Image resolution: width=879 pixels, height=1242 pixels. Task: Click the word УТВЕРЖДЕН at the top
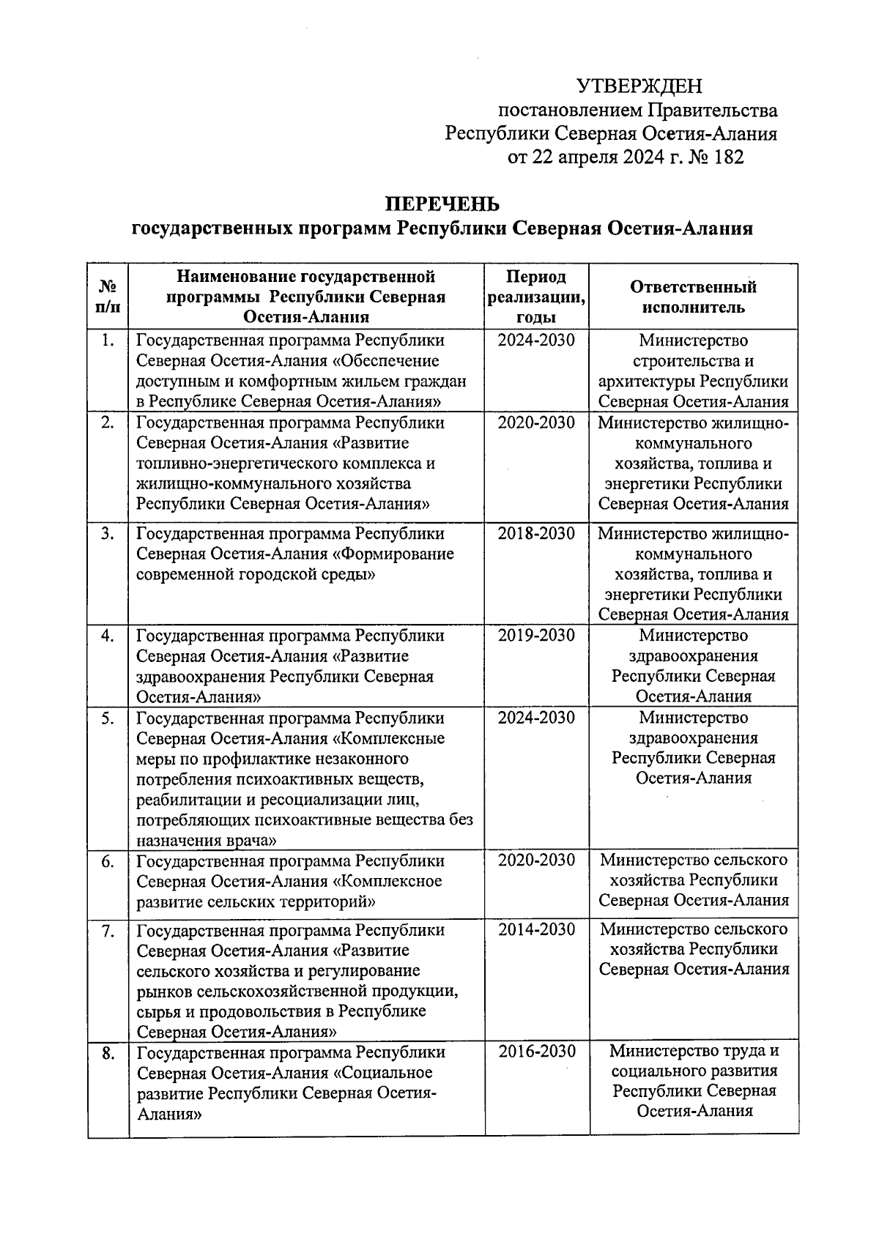coord(639,86)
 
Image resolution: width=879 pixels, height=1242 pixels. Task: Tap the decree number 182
coord(727,157)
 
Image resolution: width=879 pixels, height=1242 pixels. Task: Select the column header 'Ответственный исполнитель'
coord(693,297)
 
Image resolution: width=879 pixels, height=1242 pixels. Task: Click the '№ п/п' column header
coord(108,297)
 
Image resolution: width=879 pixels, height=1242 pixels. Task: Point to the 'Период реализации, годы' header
coord(536,297)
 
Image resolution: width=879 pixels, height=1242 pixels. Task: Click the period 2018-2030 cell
coord(536,534)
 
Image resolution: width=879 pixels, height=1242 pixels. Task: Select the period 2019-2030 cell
coord(536,636)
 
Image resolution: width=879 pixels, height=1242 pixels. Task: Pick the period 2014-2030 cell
coord(536,930)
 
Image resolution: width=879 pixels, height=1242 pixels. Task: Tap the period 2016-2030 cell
coord(536,1052)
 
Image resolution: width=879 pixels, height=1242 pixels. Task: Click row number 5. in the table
coord(108,718)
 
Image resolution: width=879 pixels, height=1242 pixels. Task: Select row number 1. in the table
coord(108,341)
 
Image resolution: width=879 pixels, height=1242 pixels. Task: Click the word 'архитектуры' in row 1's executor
coord(646,382)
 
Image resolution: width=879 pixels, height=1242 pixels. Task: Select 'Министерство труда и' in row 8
coord(693,1052)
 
